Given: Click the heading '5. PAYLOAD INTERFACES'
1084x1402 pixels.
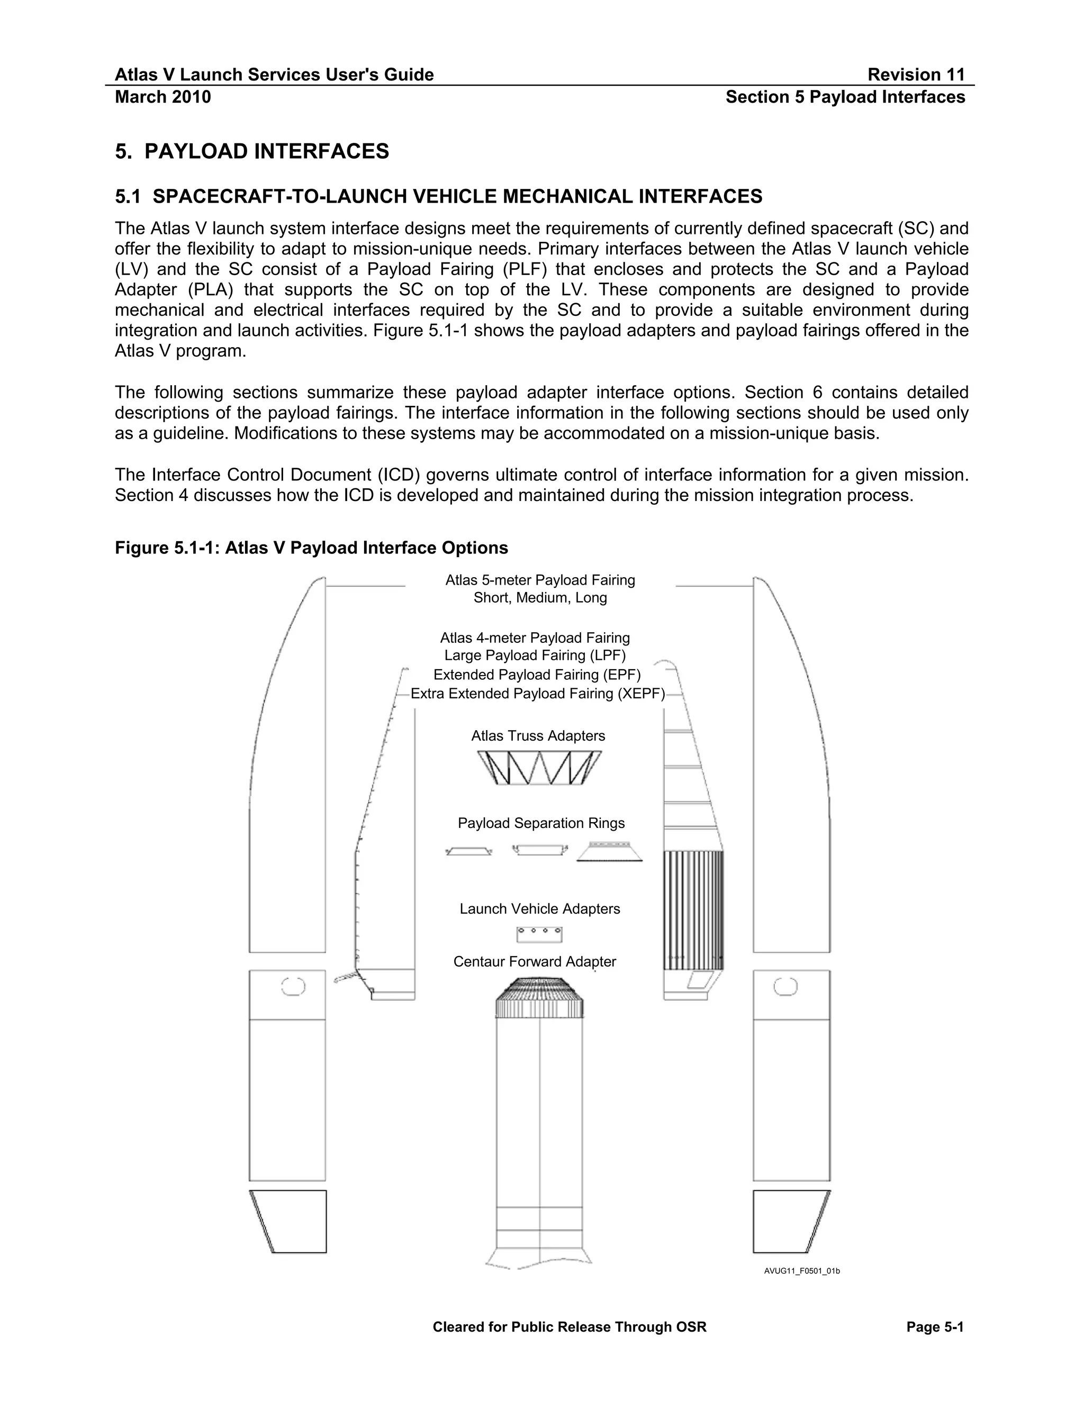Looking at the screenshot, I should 252,151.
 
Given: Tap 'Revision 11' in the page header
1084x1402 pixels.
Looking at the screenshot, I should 916,75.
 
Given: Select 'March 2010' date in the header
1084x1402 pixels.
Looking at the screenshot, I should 162,97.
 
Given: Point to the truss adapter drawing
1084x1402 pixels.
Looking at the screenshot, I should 539,768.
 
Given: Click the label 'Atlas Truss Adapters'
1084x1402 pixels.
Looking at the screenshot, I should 538,736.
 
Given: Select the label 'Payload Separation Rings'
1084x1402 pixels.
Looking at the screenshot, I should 541,823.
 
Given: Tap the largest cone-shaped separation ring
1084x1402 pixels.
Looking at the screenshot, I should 609,851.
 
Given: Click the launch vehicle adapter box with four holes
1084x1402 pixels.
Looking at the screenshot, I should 539,934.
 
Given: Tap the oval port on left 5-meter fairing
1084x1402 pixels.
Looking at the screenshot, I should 293,986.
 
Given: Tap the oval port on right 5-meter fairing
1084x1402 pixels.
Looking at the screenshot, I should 785,986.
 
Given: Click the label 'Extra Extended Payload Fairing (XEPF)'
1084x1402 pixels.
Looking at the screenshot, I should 538,694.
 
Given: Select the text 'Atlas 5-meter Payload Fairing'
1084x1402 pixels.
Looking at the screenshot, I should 540,580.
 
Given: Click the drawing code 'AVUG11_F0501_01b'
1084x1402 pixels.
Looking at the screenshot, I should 801,1271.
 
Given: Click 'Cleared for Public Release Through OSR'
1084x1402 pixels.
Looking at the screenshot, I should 569,1327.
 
